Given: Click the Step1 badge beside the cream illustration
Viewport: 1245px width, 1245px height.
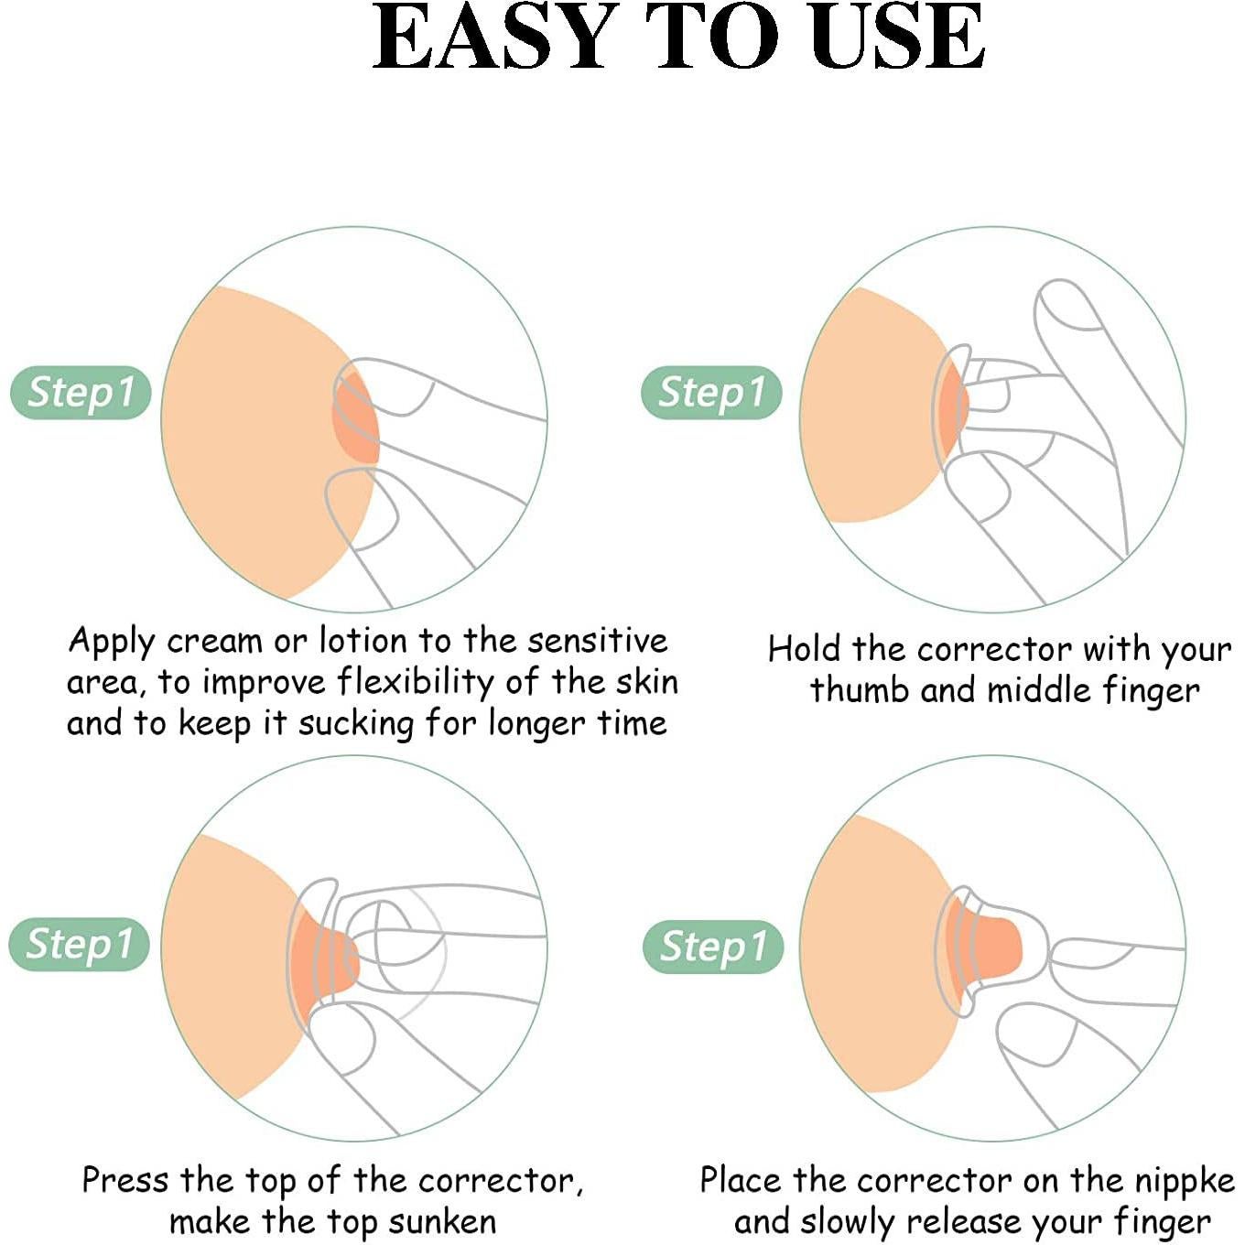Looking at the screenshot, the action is (x=81, y=393).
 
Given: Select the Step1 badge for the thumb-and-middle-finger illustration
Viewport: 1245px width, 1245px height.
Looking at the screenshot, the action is (x=711, y=393).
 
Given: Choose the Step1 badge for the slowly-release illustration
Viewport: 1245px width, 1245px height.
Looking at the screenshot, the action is (x=713, y=947).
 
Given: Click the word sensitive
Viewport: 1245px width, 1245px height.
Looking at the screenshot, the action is (x=598, y=641).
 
